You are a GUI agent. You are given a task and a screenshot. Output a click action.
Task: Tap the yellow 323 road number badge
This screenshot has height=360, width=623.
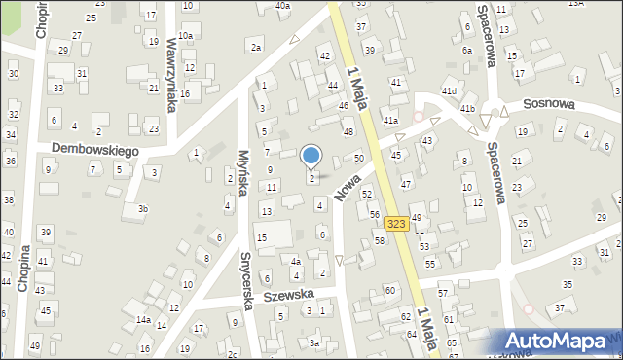click(x=395, y=223)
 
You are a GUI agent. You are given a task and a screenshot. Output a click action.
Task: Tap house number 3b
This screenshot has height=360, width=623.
click(x=143, y=209)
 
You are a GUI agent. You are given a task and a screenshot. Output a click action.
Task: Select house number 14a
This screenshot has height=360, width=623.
click(x=143, y=320)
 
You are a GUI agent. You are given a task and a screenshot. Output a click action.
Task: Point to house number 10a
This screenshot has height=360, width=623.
click(x=185, y=35)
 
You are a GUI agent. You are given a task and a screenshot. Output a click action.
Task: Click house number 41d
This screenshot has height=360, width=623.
click(x=449, y=91)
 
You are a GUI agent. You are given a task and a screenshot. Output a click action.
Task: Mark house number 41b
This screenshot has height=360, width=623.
click(x=468, y=108)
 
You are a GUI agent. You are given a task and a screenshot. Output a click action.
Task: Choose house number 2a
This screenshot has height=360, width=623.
click(x=256, y=47)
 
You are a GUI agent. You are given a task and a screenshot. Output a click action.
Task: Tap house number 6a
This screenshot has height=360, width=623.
click(x=467, y=51)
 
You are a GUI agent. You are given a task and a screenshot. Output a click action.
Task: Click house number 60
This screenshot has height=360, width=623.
click(x=390, y=290)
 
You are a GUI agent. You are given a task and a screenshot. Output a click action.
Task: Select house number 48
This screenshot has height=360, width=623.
click(x=348, y=131)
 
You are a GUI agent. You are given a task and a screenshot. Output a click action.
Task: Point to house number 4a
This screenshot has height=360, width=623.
click(x=296, y=261)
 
